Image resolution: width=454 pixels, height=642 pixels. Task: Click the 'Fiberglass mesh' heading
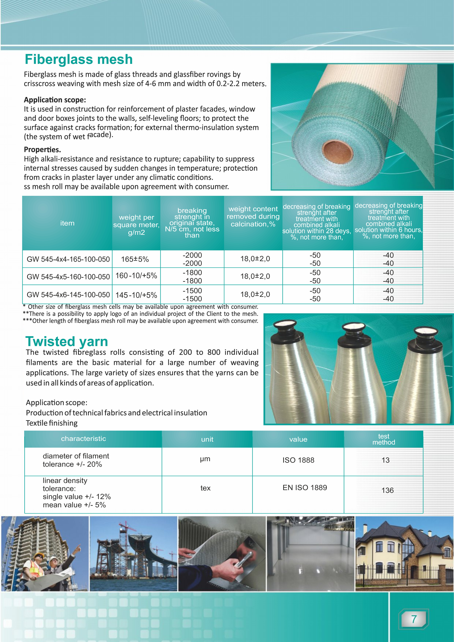click(79, 59)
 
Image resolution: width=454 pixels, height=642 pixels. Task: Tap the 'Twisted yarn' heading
click(67, 341)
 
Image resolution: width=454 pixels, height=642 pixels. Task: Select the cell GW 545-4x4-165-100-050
click(68, 259)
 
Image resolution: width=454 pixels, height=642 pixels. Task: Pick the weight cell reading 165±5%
click(135, 259)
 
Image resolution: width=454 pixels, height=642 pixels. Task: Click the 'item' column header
click(67, 223)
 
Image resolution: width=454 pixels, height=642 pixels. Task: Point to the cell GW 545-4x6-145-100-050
click(68, 295)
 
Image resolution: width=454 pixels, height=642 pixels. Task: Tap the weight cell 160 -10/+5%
click(136, 276)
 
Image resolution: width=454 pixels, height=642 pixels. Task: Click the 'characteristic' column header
click(83, 439)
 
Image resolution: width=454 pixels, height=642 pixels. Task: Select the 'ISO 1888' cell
click(298, 460)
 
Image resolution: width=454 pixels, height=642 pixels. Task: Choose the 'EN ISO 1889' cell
click(305, 488)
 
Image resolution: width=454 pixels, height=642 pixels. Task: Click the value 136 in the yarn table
click(387, 490)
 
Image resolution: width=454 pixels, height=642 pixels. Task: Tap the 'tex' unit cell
click(205, 488)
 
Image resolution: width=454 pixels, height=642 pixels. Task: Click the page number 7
click(414, 619)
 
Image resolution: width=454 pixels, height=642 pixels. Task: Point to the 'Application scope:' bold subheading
click(55, 100)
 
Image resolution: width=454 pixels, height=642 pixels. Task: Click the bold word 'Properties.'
click(42, 150)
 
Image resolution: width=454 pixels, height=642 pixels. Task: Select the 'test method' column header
click(384, 439)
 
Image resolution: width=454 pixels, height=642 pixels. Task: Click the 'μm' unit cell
click(205, 459)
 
